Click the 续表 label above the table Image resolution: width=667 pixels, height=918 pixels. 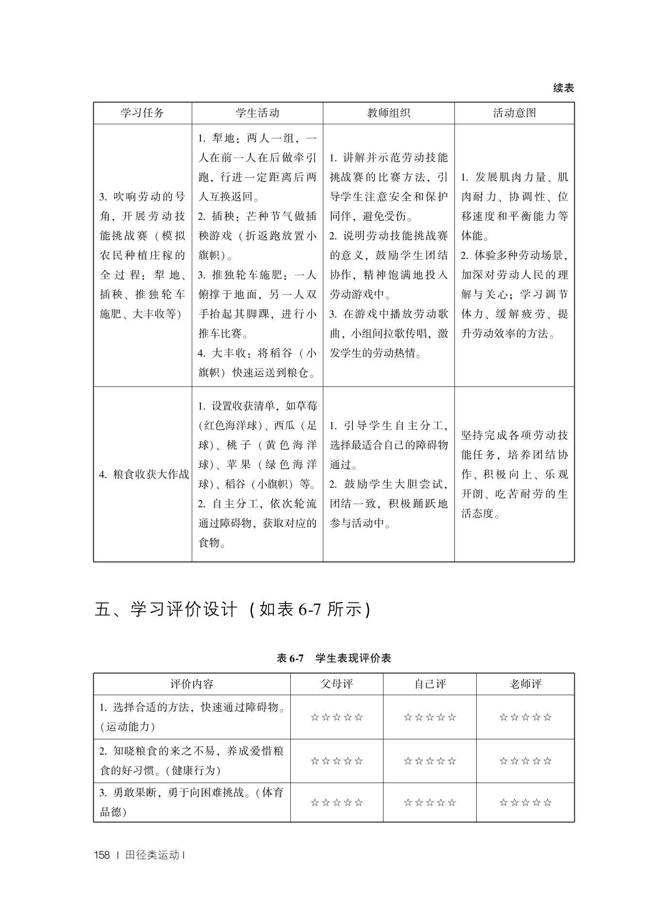[x=563, y=88]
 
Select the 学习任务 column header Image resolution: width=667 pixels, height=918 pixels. [x=142, y=113]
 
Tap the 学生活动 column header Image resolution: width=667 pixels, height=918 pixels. [x=257, y=113]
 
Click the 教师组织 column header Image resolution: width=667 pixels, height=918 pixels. [x=388, y=113]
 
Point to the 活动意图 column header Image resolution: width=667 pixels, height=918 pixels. [x=514, y=113]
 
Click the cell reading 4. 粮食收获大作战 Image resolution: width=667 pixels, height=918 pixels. [x=144, y=474]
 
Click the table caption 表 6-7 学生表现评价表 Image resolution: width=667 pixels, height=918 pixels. [x=333, y=658]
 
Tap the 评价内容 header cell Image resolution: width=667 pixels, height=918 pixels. [x=192, y=684]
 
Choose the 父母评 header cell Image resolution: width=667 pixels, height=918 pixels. [x=336, y=684]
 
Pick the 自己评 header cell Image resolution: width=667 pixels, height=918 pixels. [x=430, y=684]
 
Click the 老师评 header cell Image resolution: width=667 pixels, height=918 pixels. [x=525, y=684]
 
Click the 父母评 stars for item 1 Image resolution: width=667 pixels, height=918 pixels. [x=336, y=717]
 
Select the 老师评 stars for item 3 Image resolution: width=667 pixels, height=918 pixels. [x=525, y=802]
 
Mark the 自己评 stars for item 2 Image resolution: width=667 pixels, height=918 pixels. [x=430, y=761]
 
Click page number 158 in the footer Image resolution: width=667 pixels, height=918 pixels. [x=102, y=855]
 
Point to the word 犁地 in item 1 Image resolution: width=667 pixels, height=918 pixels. [x=223, y=138]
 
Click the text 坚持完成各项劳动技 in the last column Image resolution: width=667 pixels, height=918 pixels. [x=514, y=435]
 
